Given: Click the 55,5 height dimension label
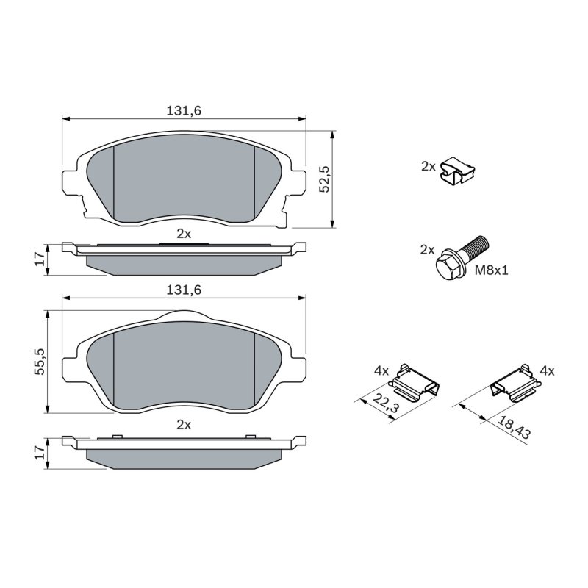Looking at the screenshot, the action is (x=40, y=362).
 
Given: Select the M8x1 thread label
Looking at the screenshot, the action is (x=491, y=270).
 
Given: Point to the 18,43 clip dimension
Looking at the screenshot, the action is (x=514, y=427).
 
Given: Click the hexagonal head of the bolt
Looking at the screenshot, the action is (x=448, y=265).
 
